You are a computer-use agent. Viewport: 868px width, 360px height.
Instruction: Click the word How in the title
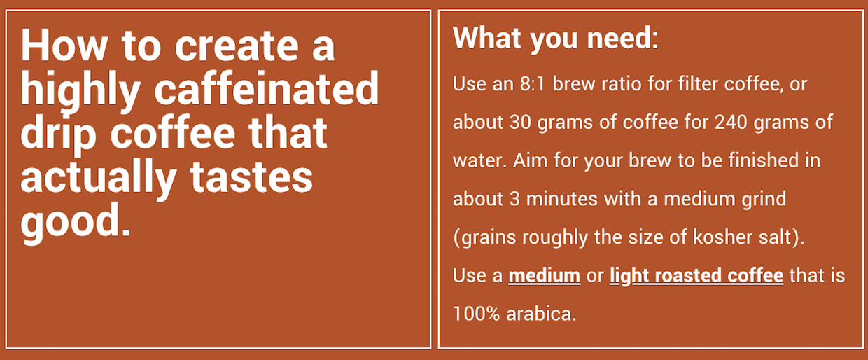(64, 45)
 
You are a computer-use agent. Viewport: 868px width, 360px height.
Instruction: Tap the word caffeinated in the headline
(267, 89)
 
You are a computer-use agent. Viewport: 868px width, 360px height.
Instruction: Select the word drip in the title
(59, 134)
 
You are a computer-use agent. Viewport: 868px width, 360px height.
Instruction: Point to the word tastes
(251, 177)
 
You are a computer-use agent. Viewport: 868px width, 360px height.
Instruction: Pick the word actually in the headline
(99, 177)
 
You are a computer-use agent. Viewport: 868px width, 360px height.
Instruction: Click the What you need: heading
(556, 39)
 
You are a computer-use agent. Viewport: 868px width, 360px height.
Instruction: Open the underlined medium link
(545, 275)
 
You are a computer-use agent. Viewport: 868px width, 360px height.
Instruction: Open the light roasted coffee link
(696, 276)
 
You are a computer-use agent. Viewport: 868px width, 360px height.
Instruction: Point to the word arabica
(541, 314)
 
